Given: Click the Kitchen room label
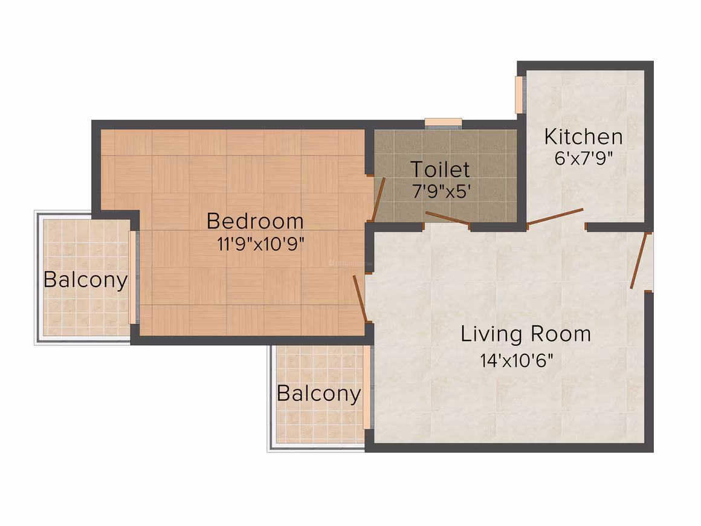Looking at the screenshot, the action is coord(583,137).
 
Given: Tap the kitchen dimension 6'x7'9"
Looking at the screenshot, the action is coord(583,158).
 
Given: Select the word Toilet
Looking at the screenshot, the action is coord(440,169).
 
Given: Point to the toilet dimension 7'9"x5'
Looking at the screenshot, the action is coord(441,192).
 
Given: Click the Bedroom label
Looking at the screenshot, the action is coord(255,221).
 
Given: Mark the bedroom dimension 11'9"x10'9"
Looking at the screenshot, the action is coord(260,244).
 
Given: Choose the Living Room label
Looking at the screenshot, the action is coord(526,334).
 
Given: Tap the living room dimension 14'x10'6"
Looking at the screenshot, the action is coord(516,360).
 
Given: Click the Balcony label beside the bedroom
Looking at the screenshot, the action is coord(85,281).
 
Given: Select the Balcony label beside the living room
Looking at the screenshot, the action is coord(318,394).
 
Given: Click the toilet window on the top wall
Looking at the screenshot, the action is coord(443,122).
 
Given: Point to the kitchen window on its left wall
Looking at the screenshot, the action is coord(518,95).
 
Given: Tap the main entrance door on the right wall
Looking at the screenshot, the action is coord(639,261).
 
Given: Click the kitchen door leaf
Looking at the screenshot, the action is coord(555,216).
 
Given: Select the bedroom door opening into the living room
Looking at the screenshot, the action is coord(360,299).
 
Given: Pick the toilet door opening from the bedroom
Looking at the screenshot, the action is coord(379,199).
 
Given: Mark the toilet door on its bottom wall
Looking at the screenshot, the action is coord(447,218).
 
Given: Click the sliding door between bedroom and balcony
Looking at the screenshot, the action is coord(132,277).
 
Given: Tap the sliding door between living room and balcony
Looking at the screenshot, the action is coord(367,388).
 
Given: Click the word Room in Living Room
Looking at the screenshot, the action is coord(561,334).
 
